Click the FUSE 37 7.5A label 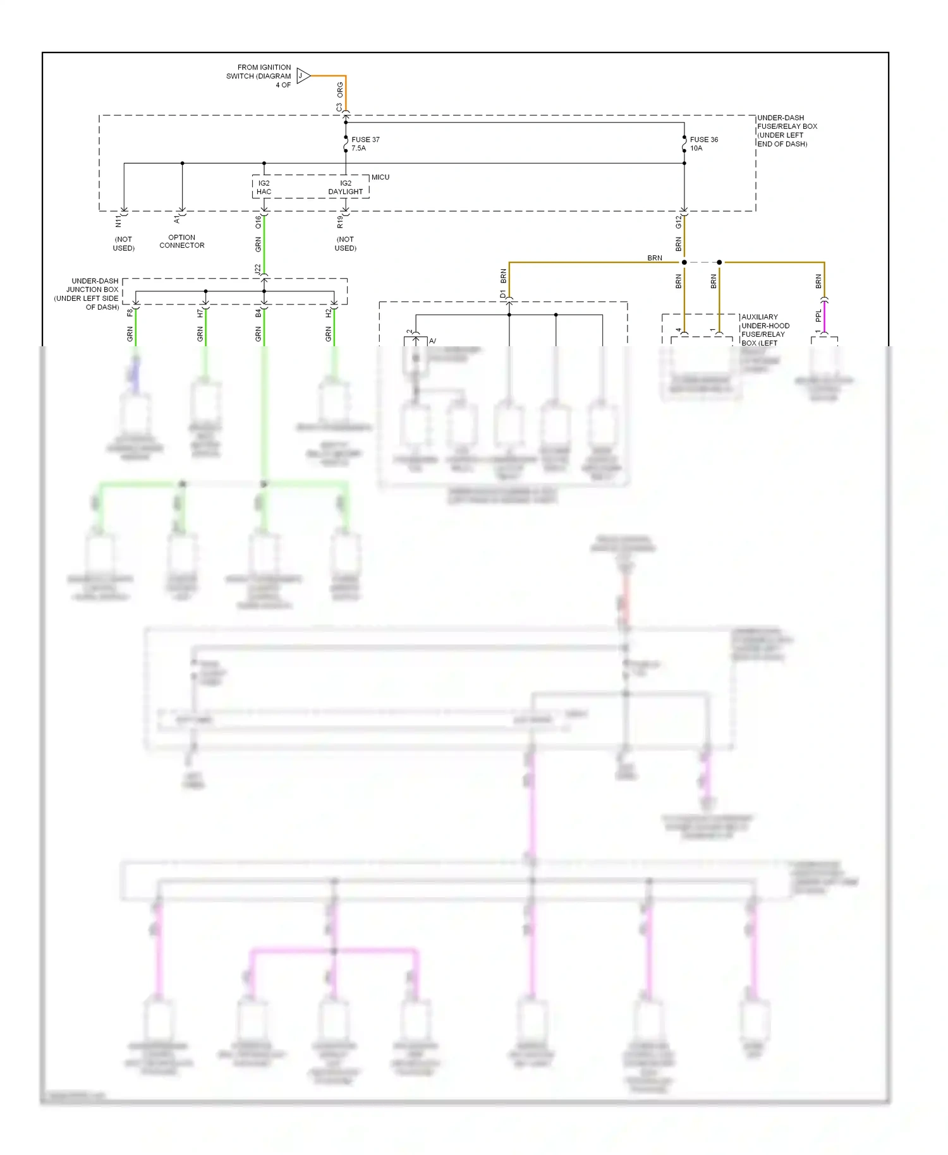pos(365,144)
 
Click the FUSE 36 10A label pos(703,144)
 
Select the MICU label pos(380,178)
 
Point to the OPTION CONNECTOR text pos(182,241)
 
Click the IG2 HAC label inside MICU pos(264,188)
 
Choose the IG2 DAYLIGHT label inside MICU pos(346,188)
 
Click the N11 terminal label pos(118,221)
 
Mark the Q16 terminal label pos(258,222)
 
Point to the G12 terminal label pos(679,222)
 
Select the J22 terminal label pos(258,269)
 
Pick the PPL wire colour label pos(818,315)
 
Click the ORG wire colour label pos(340,88)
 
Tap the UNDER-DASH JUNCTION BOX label pos(88,294)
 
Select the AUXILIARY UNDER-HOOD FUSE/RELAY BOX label pos(765,330)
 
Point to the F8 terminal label pos(130,312)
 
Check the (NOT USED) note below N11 pos(124,244)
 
